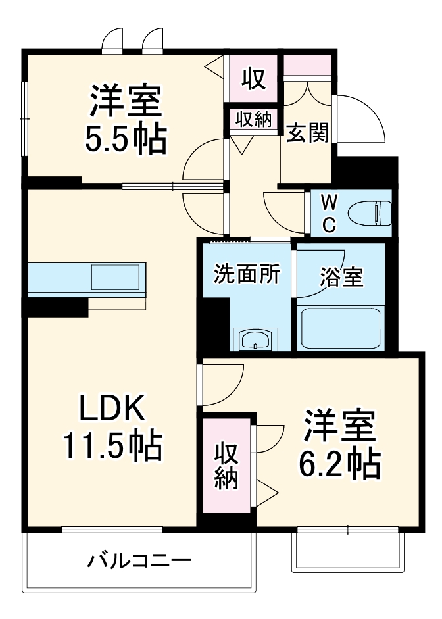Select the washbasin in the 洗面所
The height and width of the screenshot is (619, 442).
[x=255, y=340]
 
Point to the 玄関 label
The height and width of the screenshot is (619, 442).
[x=307, y=134]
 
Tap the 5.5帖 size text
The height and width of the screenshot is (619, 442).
[x=124, y=138]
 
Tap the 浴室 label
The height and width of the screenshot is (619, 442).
[x=341, y=277]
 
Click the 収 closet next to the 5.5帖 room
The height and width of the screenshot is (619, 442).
[x=253, y=79]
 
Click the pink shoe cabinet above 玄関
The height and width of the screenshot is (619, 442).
[x=307, y=65]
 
